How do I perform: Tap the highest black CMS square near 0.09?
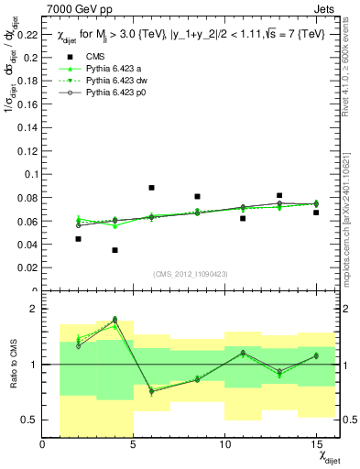[x=151, y=188]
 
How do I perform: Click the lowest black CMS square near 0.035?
[x=115, y=250]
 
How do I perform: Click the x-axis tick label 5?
[x=134, y=444]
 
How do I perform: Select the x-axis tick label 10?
[x=224, y=444]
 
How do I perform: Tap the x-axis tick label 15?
[x=316, y=444]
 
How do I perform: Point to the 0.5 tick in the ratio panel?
[x=29, y=420]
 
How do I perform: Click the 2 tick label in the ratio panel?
[x=34, y=309]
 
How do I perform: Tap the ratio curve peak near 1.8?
[x=115, y=320]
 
